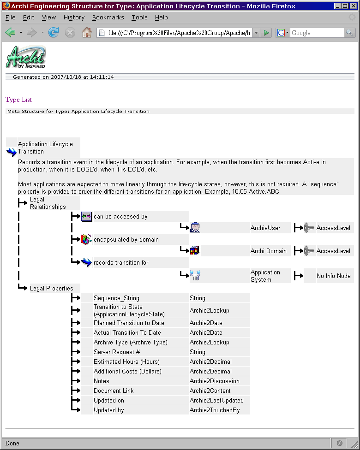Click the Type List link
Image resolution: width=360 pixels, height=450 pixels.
[18, 100]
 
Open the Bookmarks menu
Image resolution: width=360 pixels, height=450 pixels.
[108, 18]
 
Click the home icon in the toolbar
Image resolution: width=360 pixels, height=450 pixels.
[86, 33]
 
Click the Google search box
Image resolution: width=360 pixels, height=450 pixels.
[317, 33]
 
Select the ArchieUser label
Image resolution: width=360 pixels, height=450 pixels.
[265, 228]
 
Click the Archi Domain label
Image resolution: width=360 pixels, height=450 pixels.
[269, 251]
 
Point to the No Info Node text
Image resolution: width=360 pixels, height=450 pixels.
[333, 276]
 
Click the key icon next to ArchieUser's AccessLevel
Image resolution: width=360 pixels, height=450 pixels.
[309, 228]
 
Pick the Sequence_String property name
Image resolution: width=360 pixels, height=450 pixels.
[116, 298]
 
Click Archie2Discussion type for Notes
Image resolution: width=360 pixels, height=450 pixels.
[215, 381]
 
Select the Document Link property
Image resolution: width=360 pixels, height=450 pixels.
[114, 391]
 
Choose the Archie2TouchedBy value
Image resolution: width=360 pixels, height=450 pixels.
[215, 410]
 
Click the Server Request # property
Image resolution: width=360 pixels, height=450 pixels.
[117, 352]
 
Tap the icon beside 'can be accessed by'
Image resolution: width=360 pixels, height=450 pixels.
[86, 216]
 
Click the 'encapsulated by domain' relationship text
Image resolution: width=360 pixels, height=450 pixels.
[126, 240]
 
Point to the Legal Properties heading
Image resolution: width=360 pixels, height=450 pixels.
[51, 289]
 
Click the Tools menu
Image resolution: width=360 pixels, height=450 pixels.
[139, 18]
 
